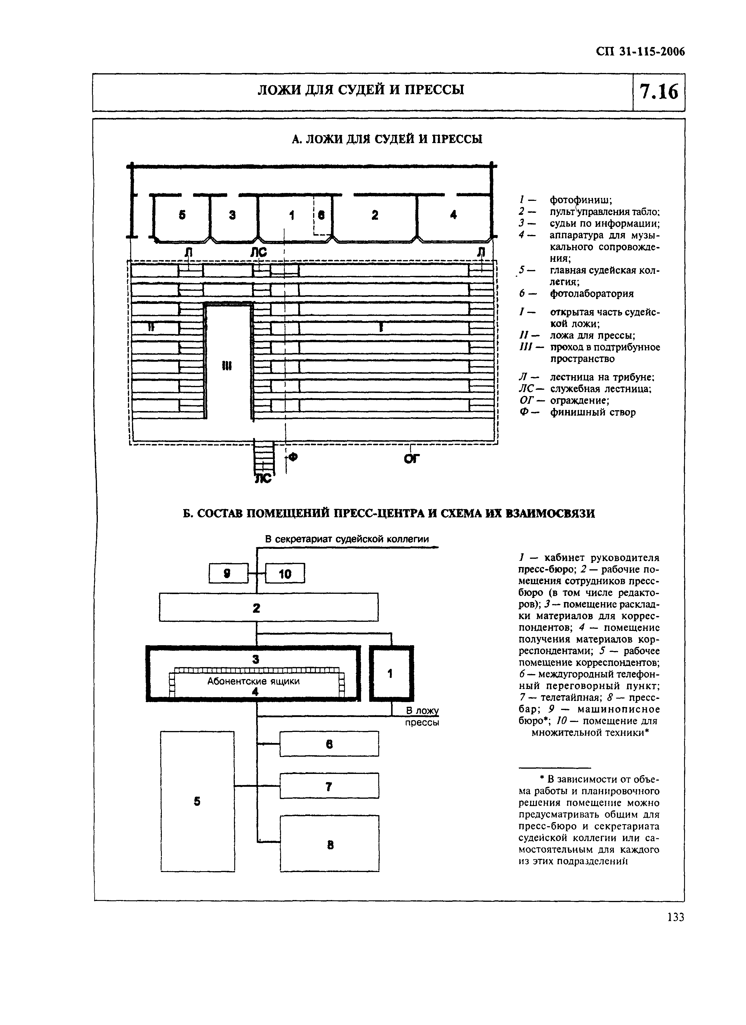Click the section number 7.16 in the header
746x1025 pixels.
coord(658,92)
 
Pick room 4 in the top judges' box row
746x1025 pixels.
coord(454,215)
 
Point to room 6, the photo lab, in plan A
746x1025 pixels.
coord(322,215)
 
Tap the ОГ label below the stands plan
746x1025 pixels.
coord(412,459)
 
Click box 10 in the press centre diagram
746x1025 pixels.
coord(285,574)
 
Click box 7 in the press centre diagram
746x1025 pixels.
coord(329,787)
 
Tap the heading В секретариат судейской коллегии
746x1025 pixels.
coord(347,539)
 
